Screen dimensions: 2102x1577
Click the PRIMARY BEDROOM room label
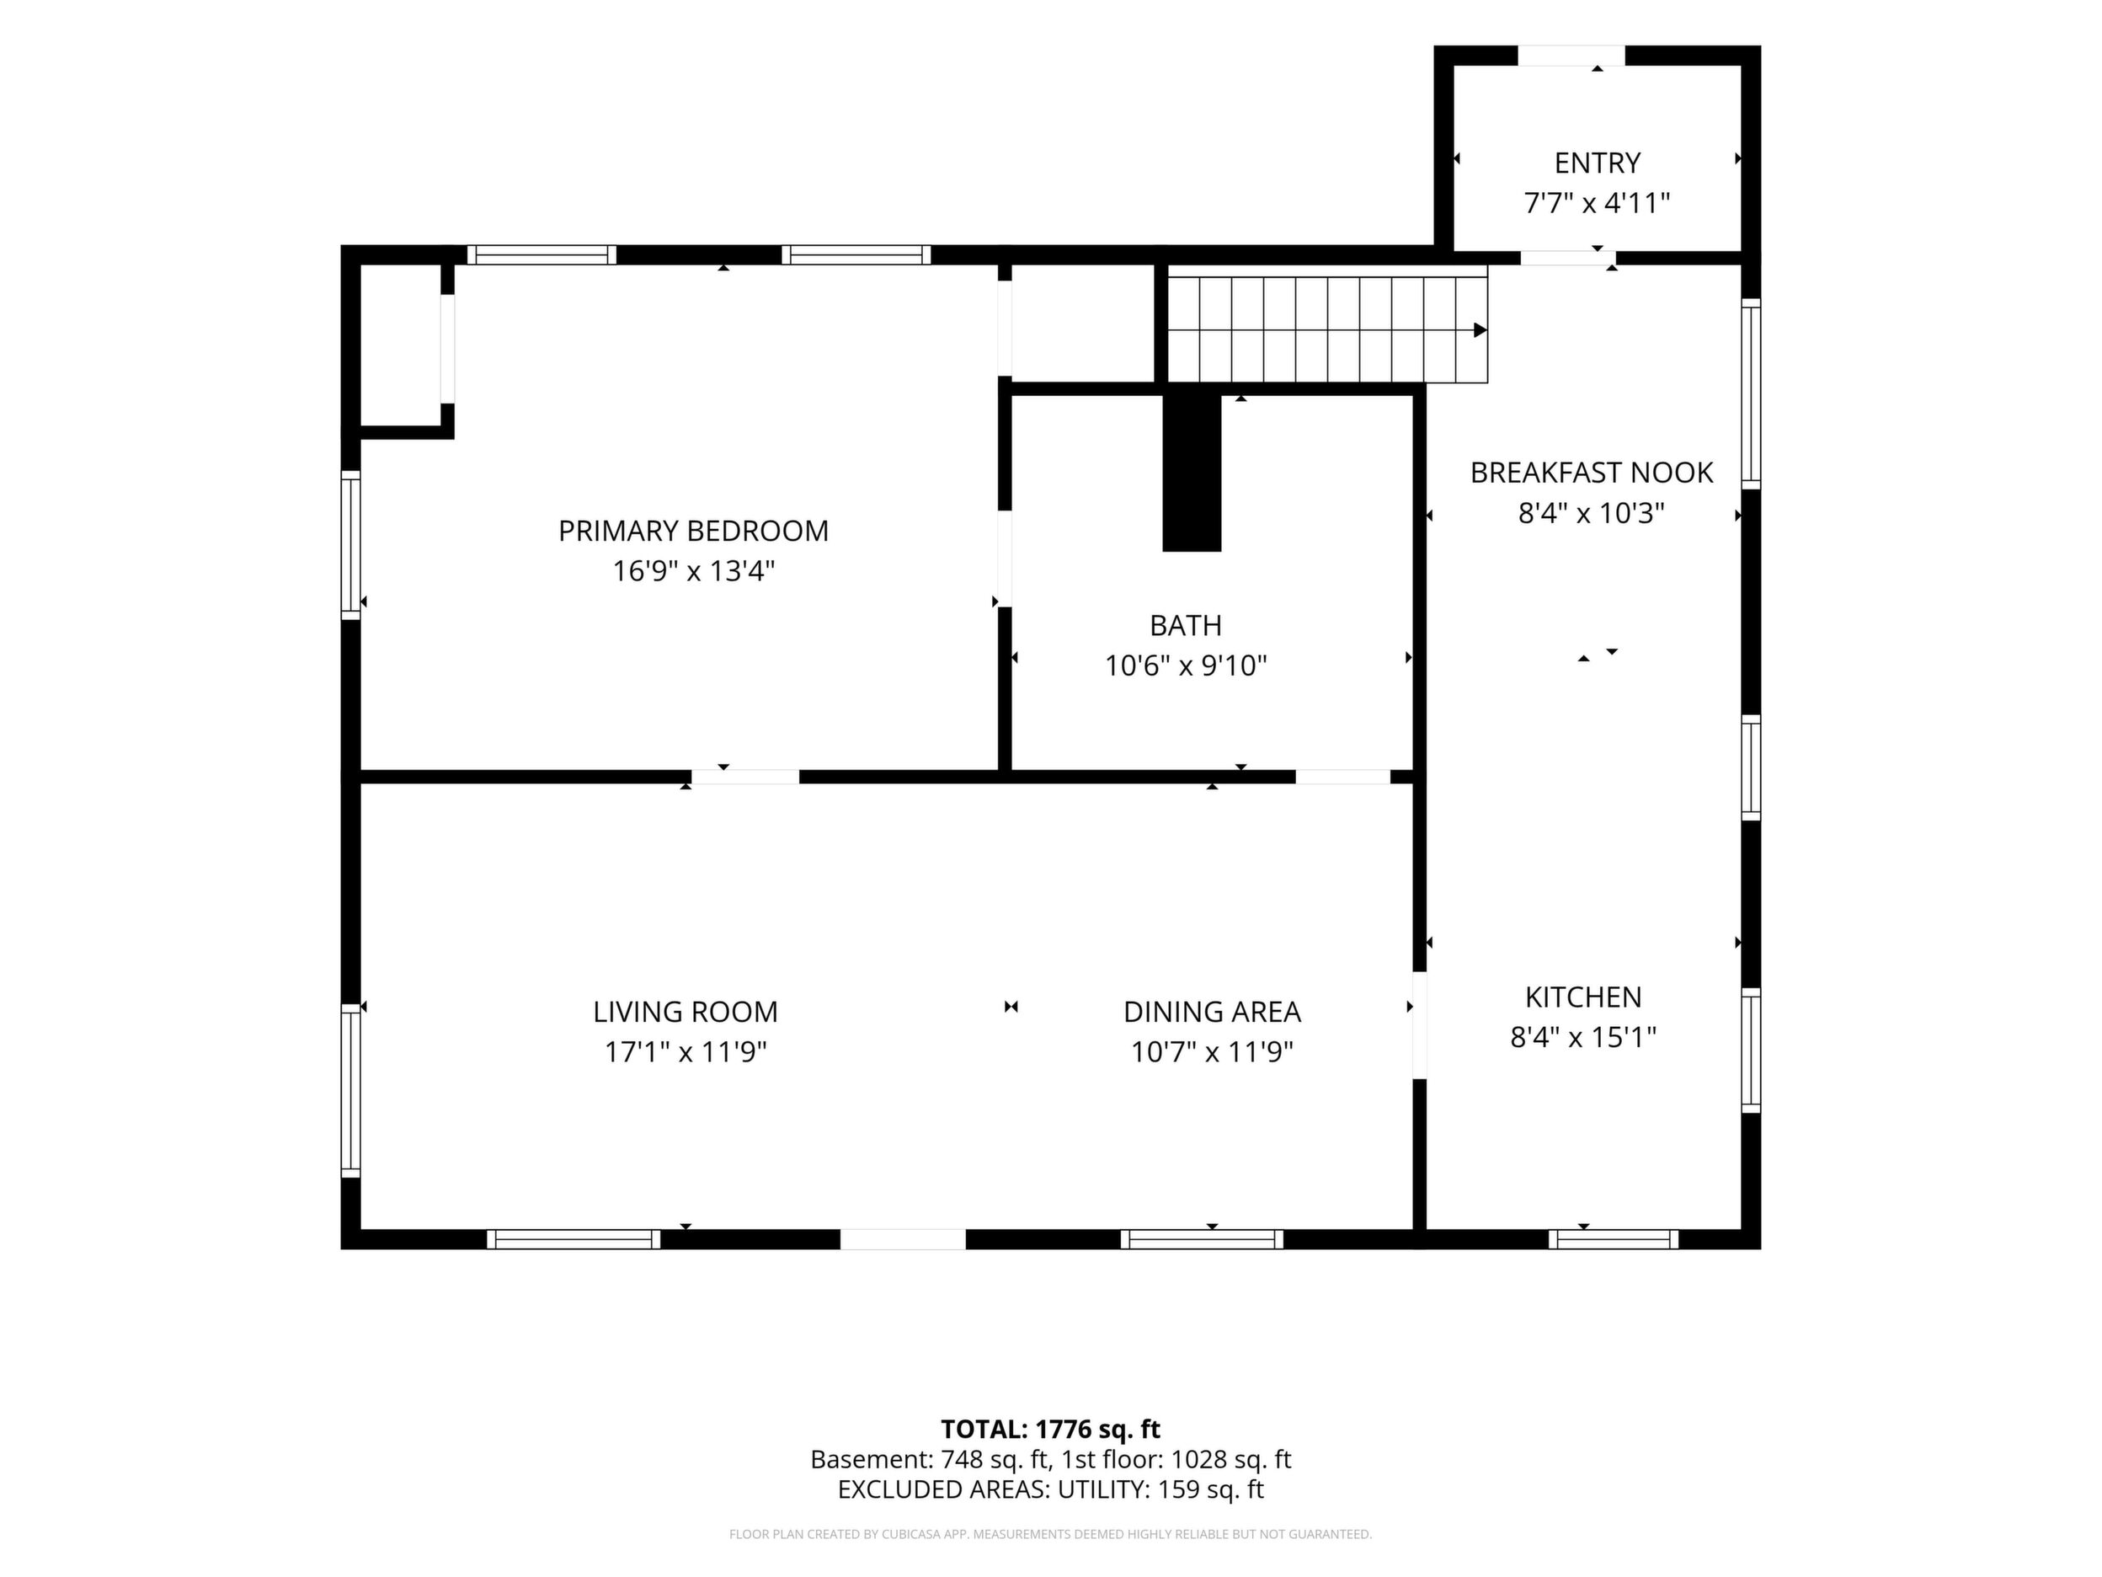(x=693, y=531)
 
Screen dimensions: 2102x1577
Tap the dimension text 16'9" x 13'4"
(x=694, y=571)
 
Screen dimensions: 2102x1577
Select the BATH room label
(x=1185, y=625)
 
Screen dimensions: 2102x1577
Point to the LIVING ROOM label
(x=686, y=1012)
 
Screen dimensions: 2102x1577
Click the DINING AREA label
(x=1212, y=1012)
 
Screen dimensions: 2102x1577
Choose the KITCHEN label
(x=1583, y=997)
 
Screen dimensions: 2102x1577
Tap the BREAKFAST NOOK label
(x=1592, y=473)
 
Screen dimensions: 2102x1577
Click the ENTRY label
(x=1598, y=163)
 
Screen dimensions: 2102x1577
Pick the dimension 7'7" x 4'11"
(x=1597, y=203)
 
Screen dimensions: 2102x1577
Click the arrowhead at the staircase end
(x=1480, y=330)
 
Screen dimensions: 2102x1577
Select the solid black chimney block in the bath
(x=1192, y=473)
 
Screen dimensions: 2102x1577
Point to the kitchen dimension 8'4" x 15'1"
(x=1583, y=1037)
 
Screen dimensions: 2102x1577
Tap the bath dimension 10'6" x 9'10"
(x=1185, y=666)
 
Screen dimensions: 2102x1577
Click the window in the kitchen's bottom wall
(x=1613, y=1238)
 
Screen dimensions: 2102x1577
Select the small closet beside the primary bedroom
(x=400, y=345)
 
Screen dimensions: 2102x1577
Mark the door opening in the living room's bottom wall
(x=903, y=1238)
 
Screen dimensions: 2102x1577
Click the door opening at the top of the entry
(x=1571, y=55)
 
